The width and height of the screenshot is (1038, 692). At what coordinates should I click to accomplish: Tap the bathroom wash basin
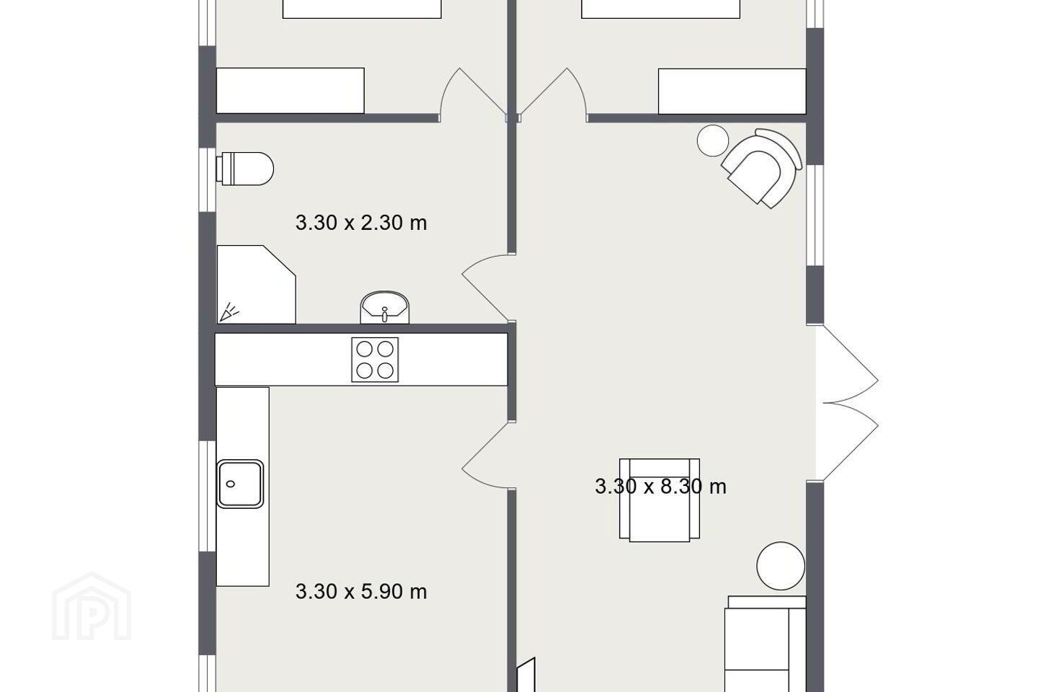click(x=385, y=307)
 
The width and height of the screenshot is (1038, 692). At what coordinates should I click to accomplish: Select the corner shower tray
click(x=257, y=284)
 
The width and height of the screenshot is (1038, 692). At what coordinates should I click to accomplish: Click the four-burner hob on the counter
click(x=375, y=360)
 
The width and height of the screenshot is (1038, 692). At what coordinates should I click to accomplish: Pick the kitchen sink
click(x=241, y=484)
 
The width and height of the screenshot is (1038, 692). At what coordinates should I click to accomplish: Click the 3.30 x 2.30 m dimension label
click(x=361, y=223)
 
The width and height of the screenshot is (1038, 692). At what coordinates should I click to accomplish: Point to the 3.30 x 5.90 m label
click(x=361, y=591)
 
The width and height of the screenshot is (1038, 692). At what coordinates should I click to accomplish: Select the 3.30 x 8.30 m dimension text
click(x=660, y=487)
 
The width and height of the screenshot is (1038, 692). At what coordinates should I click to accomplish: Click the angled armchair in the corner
click(x=762, y=168)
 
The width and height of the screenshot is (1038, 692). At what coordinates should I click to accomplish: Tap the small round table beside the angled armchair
click(x=713, y=141)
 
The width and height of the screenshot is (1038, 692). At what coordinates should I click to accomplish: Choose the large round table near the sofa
click(x=781, y=566)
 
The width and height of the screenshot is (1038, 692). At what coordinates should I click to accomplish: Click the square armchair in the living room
click(x=660, y=499)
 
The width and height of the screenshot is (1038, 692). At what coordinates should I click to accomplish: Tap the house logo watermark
click(x=92, y=607)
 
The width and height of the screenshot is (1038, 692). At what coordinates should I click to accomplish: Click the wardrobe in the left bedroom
click(x=290, y=90)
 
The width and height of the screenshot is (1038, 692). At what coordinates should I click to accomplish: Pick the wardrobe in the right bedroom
click(x=732, y=92)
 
